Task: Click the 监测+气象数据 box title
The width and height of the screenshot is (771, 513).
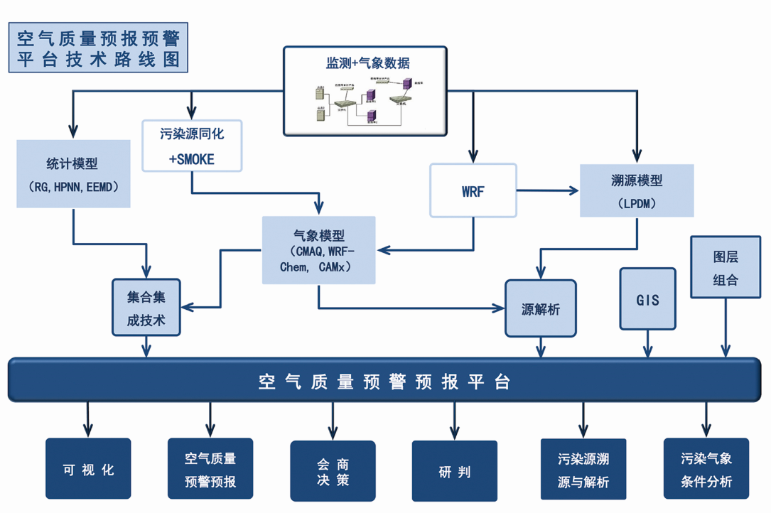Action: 365,63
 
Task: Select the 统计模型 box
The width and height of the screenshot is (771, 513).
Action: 73,174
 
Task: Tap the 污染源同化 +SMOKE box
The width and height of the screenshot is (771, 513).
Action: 192,146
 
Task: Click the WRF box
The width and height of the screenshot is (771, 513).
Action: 473,190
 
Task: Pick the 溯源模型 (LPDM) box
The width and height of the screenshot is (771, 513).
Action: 637,190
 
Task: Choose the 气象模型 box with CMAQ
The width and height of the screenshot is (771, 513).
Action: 319,251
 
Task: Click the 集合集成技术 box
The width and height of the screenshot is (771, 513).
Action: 146,308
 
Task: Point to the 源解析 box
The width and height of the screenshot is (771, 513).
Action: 540,308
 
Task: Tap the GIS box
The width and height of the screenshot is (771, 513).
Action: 647,299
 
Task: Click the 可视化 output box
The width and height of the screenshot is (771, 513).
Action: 88,470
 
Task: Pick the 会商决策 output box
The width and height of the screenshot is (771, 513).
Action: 333,471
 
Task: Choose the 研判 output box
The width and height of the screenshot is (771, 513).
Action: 455,471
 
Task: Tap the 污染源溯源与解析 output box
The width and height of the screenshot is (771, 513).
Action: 583,471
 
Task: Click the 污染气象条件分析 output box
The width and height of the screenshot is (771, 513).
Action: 706,470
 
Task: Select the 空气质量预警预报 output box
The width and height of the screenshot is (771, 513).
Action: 210,470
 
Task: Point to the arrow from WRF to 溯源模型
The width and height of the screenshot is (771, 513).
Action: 547,190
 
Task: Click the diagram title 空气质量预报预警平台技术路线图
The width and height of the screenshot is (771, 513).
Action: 97,47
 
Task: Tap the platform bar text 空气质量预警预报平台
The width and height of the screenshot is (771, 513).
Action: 384,382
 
